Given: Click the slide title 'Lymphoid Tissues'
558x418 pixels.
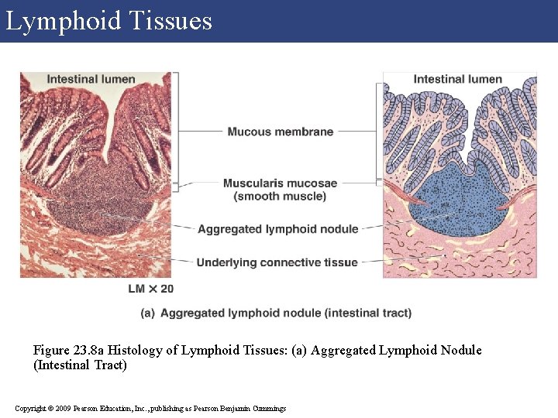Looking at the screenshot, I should pyautogui.click(x=108, y=21).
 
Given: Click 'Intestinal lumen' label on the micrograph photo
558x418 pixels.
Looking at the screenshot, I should pyautogui.click(x=91, y=79).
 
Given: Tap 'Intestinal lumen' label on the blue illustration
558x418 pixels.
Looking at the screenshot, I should pyautogui.click(x=457, y=79).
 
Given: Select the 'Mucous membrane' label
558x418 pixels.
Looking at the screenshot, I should pyautogui.click(x=280, y=132).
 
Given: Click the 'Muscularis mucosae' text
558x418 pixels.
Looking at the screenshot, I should pyautogui.click(x=280, y=183).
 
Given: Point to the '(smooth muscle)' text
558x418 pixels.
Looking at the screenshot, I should pyautogui.click(x=280, y=197).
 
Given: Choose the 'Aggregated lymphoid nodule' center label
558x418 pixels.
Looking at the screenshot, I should pyautogui.click(x=277, y=229).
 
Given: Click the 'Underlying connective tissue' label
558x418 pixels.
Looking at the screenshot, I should pyautogui.click(x=277, y=262).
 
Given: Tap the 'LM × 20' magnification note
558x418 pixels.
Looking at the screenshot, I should pyautogui.click(x=151, y=289).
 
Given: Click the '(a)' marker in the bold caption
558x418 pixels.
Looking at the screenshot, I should pyautogui.click(x=147, y=313).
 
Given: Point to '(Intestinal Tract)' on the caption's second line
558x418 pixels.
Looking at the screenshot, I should pyautogui.click(x=80, y=365).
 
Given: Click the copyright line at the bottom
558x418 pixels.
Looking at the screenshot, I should pyautogui.click(x=150, y=408).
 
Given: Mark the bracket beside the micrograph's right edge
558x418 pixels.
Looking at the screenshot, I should pyautogui.click(x=177, y=128).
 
